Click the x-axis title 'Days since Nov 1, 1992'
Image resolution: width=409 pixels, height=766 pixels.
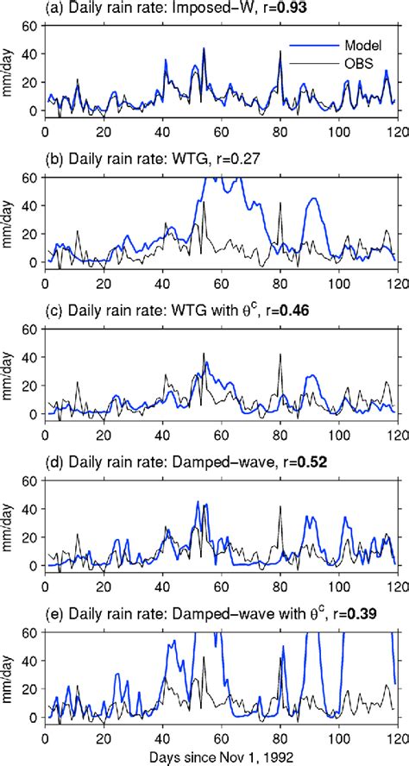coord(220,755)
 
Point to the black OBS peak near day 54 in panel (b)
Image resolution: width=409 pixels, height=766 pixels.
coord(204,203)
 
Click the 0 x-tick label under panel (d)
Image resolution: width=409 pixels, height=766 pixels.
coord(44,584)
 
